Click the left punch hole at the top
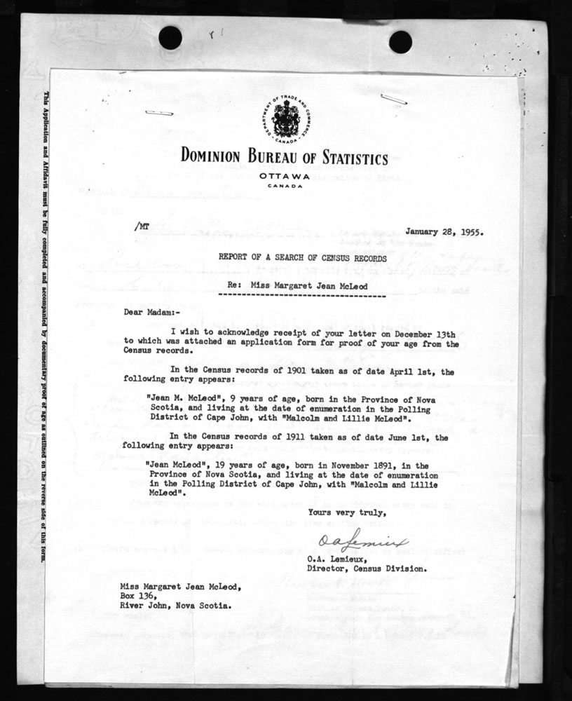point(170,38)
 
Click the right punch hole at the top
point(400,42)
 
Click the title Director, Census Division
point(366,569)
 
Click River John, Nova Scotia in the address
point(172,606)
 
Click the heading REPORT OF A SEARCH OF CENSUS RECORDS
point(302,258)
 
